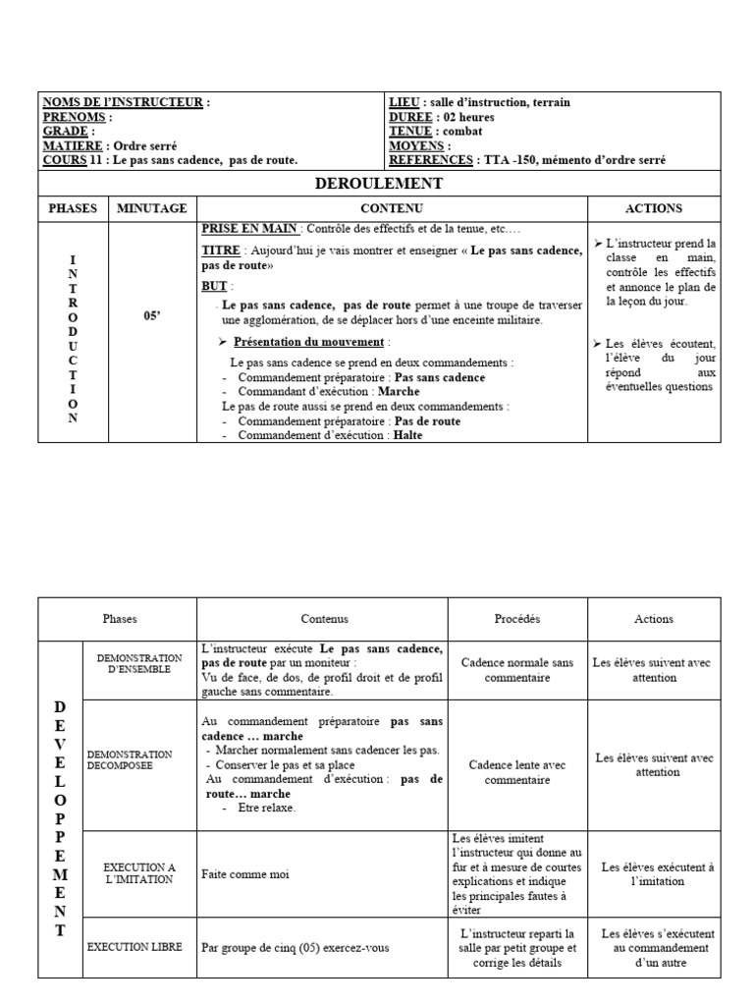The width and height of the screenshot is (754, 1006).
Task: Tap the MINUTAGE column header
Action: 151,208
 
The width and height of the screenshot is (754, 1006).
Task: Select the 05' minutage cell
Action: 151,317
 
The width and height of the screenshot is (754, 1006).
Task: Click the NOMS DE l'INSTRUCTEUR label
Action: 123,102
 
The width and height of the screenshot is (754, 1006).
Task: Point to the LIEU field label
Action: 404,102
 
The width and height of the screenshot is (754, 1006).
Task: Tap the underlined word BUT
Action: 213,287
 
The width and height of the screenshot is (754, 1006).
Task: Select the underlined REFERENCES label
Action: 428,159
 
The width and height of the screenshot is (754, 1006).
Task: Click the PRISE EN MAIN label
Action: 248,228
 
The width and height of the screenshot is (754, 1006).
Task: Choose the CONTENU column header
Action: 392,208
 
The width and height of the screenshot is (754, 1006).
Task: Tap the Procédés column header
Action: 516,619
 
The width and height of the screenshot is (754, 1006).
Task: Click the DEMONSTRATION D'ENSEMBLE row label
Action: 140,663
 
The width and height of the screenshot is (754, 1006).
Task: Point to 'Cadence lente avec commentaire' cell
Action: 516,773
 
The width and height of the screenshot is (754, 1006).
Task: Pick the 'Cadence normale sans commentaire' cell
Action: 516,670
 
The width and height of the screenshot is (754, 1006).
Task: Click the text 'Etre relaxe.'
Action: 266,808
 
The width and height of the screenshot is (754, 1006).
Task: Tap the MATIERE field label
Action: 74,145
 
